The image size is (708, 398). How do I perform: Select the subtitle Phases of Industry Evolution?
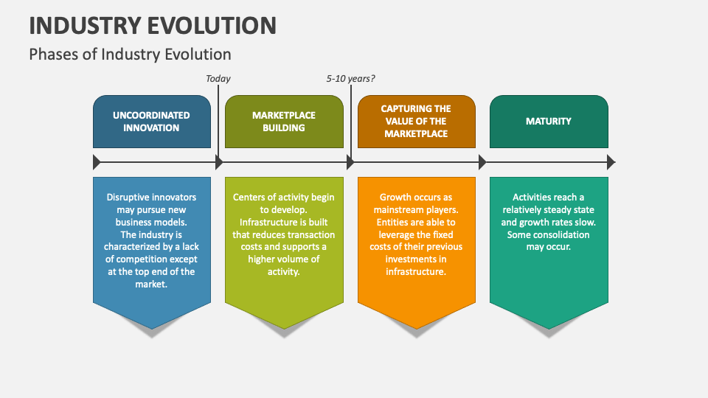(x=130, y=54)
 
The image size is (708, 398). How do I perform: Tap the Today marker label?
(x=218, y=79)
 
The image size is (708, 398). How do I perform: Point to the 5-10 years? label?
(x=351, y=79)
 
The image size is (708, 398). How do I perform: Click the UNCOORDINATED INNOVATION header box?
(x=151, y=122)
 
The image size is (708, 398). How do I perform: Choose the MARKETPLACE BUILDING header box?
(x=284, y=122)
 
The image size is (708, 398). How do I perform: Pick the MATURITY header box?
(x=549, y=122)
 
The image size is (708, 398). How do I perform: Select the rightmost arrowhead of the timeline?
(x=611, y=162)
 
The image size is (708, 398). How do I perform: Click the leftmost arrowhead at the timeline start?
(x=97, y=162)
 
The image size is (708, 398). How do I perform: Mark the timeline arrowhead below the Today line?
(x=218, y=162)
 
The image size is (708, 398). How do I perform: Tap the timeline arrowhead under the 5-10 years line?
(x=350, y=162)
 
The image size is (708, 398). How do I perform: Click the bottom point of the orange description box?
(x=416, y=327)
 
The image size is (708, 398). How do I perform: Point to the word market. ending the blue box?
(x=151, y=284)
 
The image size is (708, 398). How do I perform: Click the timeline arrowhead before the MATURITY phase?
(x=482, y=162)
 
